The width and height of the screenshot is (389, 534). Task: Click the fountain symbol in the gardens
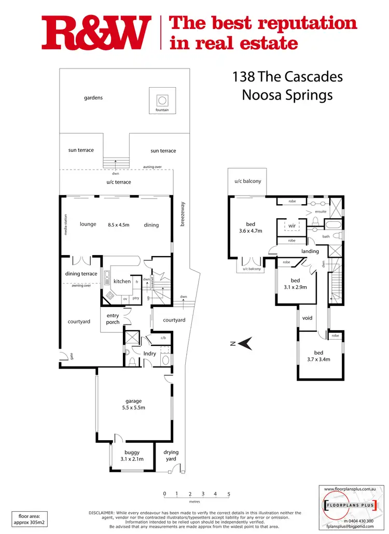tap(162, 100)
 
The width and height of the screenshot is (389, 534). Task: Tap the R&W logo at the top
tap(96, 32)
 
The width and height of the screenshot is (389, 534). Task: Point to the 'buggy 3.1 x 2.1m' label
tap(132, 456)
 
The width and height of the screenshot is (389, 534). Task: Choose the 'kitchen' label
tap(122, 282)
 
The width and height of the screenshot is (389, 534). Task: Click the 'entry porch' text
tap(113, 319)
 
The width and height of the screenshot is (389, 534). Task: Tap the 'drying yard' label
tap(171, 455)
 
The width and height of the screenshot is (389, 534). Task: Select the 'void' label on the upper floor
tap(307, 318)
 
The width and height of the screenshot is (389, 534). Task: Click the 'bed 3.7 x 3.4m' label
tap(318, 356)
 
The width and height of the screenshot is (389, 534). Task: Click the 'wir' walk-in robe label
tap(292, 226)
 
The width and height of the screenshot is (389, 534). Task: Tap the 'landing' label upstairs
tap(310, 251)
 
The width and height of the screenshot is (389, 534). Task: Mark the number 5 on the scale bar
tap(228, 494)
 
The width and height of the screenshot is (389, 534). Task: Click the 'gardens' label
tap(93, 97)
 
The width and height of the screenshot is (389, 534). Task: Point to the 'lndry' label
tap(150, 353)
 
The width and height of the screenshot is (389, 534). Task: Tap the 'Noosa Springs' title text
tap(287, 95)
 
